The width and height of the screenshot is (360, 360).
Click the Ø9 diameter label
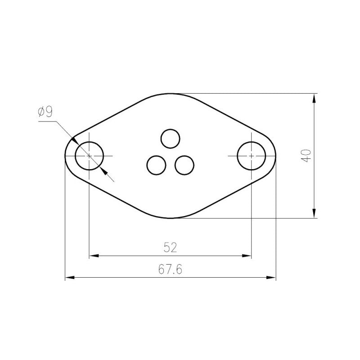click(x=46, y=112)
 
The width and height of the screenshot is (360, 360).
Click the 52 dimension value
click(x=170, y=247)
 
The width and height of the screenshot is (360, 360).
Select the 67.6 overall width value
click(x=170, y=269)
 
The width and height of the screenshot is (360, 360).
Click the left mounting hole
click(x=89, y=155)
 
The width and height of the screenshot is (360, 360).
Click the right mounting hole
click(x=251, y=155)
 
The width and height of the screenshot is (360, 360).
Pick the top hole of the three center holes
click(x=171, y=138)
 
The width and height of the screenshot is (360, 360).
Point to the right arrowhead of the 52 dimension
click(x=247, y=256)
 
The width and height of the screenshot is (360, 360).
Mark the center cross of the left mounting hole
click(x=89, y=155)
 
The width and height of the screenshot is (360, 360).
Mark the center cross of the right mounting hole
click(x=251, y=155)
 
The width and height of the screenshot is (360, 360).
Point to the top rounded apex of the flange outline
click(x=171, y=94)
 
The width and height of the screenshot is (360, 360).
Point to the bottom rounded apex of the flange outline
click(x=171, y=218)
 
